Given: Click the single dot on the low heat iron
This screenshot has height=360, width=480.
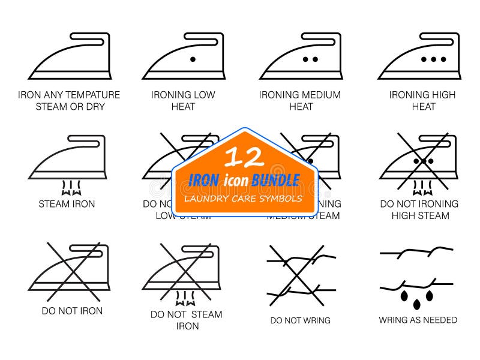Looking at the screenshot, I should point(193,59).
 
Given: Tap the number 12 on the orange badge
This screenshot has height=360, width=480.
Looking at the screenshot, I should point(244,157).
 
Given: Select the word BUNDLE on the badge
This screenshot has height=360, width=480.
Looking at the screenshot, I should point(275,179).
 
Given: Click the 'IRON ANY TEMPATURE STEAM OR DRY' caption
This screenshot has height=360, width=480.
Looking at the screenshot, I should point(69,101).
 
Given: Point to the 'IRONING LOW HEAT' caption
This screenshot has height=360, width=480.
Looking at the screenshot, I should point(183,101).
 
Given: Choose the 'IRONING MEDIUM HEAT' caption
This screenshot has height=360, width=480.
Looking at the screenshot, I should point(301,101).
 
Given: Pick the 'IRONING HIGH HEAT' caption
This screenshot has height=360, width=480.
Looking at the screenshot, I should point(422,101).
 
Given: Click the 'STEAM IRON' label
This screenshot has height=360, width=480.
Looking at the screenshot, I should point(67,204).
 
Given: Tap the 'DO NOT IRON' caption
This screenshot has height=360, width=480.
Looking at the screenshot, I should point(72,311).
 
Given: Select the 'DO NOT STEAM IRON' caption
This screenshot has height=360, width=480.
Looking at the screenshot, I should point(187,320).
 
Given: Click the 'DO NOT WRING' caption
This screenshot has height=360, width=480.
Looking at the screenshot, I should point(300,320).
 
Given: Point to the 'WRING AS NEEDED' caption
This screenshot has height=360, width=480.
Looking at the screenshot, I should point(418,320).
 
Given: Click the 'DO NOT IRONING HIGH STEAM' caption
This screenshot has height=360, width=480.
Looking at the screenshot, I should point(419,209).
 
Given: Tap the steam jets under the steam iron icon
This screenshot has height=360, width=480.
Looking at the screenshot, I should point(68,188).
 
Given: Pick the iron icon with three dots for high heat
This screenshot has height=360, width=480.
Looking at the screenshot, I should point(420,56).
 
